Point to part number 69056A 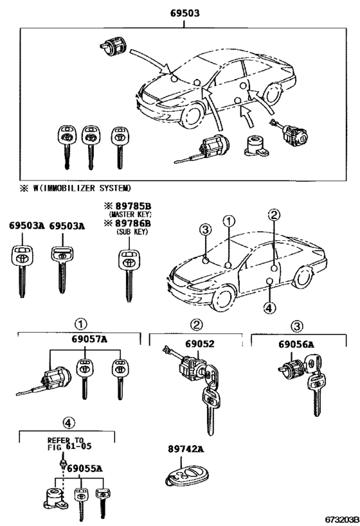pos(296,344)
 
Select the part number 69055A pos(84,469)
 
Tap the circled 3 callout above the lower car pos(205,231)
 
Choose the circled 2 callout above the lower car pos(273,215)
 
